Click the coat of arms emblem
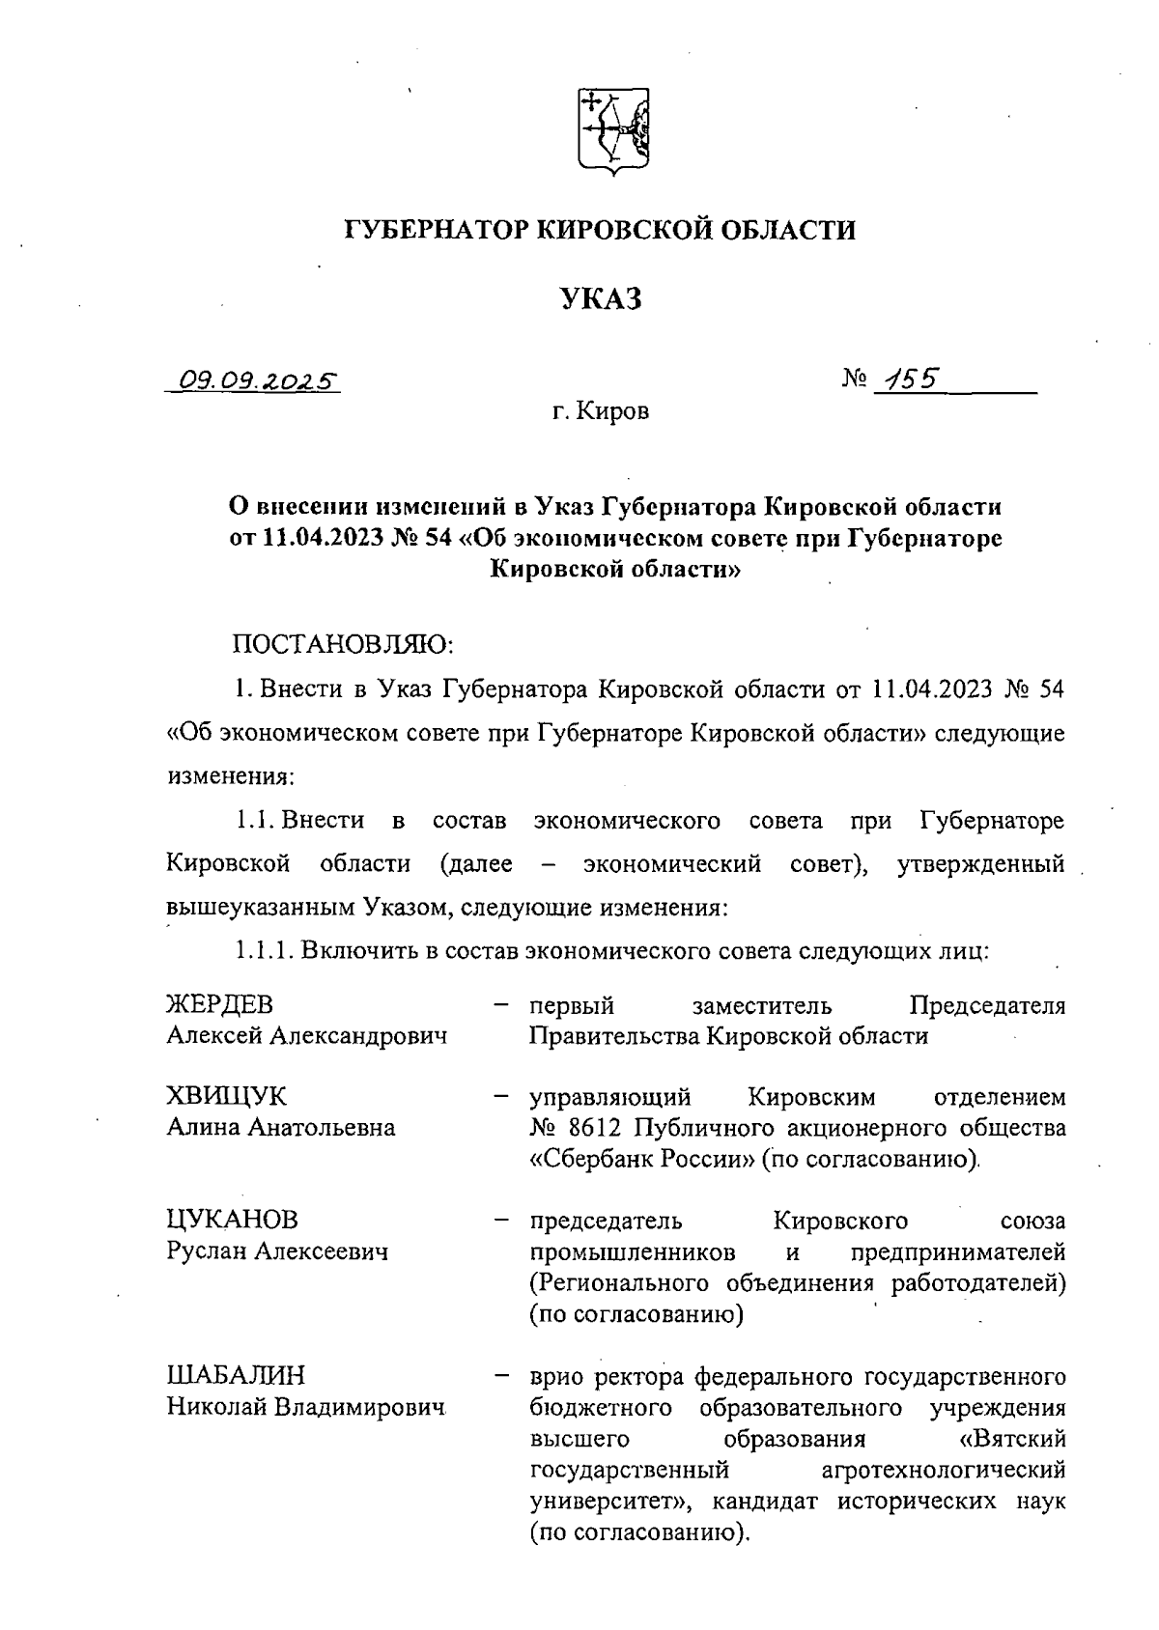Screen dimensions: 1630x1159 tap(613, 133)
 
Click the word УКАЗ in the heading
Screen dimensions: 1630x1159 tap(602, 299)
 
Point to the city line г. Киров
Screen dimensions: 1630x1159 tap(601, 413)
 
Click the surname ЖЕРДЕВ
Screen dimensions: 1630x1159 tap(228, 1005)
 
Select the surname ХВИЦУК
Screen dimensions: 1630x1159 tap(227, 1096)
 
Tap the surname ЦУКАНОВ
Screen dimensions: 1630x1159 tap(233, 1220)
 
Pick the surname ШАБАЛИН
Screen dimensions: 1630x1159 tap(236, 1374)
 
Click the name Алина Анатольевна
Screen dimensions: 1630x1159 tap(281, 1128)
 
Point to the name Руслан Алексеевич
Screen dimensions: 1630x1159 tap(277, 1251)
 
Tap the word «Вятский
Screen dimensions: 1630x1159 tap(1013, 1439)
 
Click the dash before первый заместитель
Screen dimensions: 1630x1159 tap(501, 1005)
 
